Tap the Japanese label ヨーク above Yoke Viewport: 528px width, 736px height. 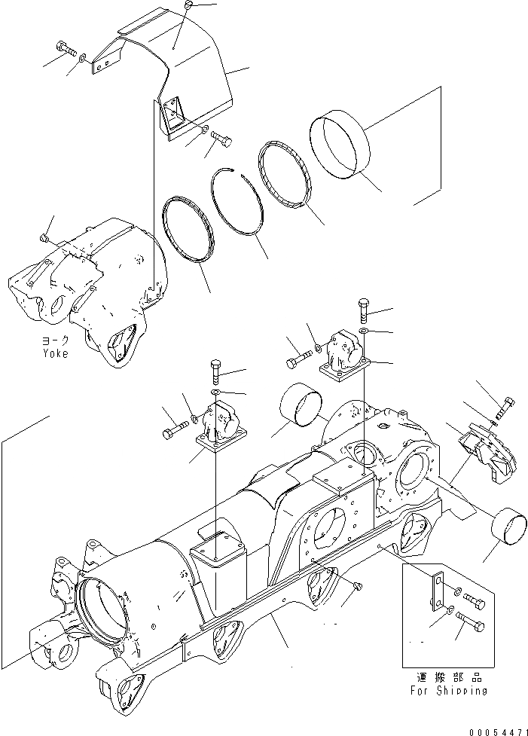(54, 341)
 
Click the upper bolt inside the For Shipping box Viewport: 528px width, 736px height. (473, 599)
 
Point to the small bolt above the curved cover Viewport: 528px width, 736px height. (188, 6)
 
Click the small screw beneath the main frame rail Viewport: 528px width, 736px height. (356, 585)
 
